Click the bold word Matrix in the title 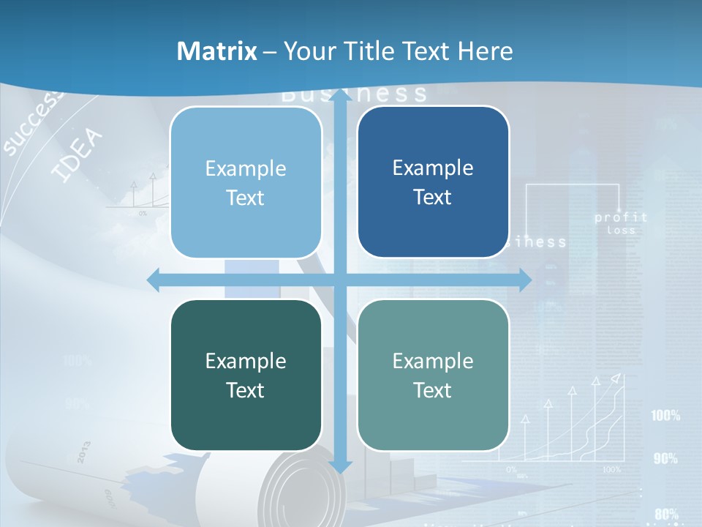pyautogui.click(x=217, y=51)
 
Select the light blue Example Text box pyautogui.click(x=246, y=182)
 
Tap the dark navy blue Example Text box pyautogui.click(x=433, y=182)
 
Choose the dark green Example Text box pyautogui.click(x=246, y=375)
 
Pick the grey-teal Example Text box pyautogui.click(x=433, y=375)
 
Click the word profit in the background pyautogui.click(x=621, y=217)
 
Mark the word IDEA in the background pyautogui.click(x=78, y=155)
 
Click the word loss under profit pyautogui.click(x=621, y=231)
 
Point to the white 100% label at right pyautogui.click(x=665, y=416)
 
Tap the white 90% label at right pyautogui.click(x=665, y=459)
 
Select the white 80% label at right pyautogui.click(x=665, y=514)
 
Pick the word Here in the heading pyautogui.click(x=486, y=51)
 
